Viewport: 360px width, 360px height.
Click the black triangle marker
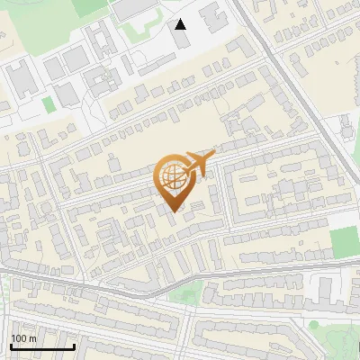181,24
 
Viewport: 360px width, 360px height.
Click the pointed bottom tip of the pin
173,210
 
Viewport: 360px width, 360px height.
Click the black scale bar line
42,346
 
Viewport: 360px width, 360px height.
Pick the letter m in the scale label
32,338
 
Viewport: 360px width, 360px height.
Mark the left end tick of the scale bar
11,345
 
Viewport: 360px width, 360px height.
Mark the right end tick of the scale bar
74,345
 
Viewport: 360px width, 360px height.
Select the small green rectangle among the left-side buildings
48,104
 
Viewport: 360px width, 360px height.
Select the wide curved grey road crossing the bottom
135,288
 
